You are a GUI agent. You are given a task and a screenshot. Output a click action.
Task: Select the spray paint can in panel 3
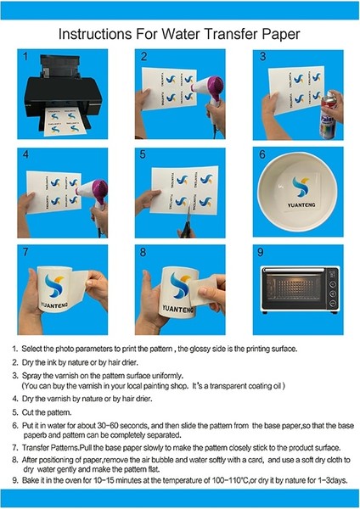328,115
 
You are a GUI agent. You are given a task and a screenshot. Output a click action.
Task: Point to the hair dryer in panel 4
94,201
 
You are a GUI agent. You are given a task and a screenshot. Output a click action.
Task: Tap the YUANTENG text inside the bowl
301,204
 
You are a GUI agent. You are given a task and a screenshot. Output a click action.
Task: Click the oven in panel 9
300,289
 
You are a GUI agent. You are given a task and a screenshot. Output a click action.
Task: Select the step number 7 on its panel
25,252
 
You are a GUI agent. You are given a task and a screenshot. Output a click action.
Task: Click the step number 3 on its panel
262,57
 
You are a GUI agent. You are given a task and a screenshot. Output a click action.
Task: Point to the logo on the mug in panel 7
54,285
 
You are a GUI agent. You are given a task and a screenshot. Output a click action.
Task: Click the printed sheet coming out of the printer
63,122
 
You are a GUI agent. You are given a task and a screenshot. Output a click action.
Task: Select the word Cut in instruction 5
27,412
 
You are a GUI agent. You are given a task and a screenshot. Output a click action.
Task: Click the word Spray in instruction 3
31,376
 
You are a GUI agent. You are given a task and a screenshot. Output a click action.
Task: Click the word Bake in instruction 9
31,480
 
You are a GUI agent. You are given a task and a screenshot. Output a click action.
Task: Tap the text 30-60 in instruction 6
108,425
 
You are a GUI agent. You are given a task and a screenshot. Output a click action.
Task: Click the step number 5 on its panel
143,154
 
